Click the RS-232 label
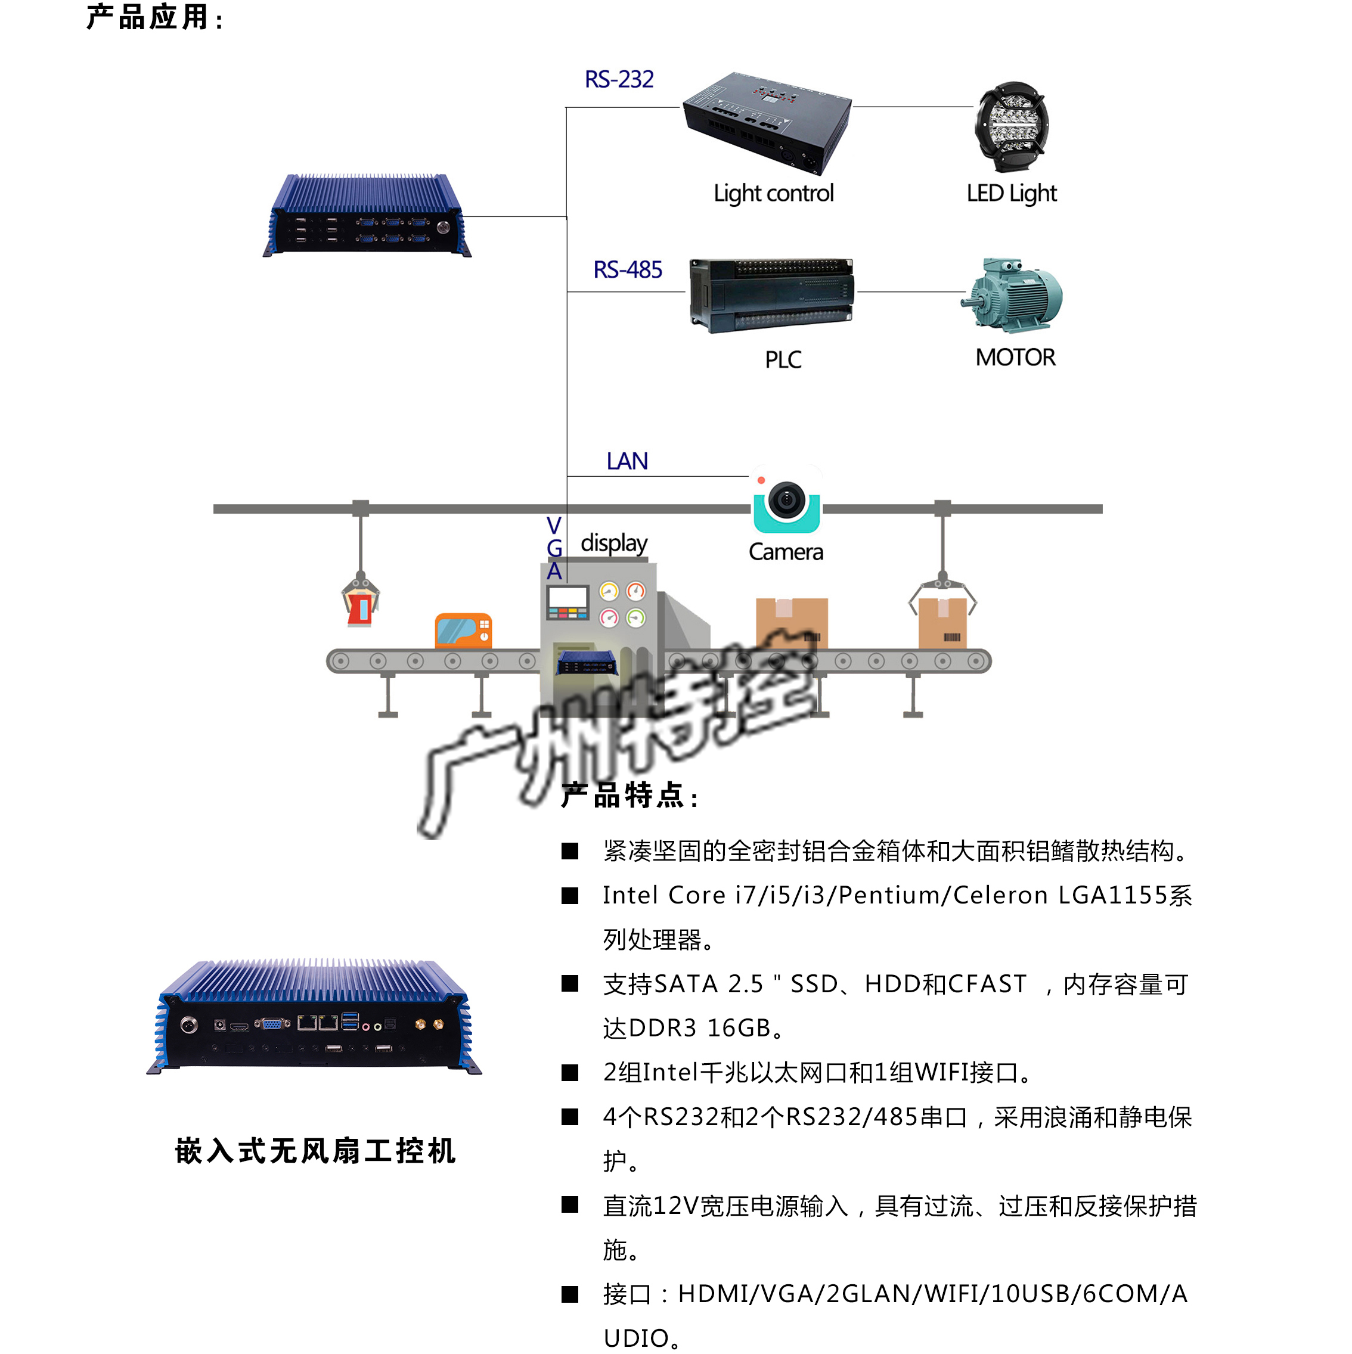pyautogui.click(x=619, y=79)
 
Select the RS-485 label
pyautogui.click(x=627, y=270)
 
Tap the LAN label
pyautogui.click(x=627, y=461)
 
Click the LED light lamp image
pyautogui.click(x=1012, y=127)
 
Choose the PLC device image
pyautogui.click(x=771, y=295)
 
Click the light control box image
pyautogui.click(x=767, y=122)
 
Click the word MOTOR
pyautogui.click(x=1015, y=358)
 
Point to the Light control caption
pyautogui.click(x=774, y=194)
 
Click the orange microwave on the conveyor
pyautogui.click(x=463, y=631)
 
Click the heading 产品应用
pyautogui.click(x=154, y=17)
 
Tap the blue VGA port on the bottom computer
pyautogui.click(x=272, y=1024)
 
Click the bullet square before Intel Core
pyautogui.click(x=570, y=896)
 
